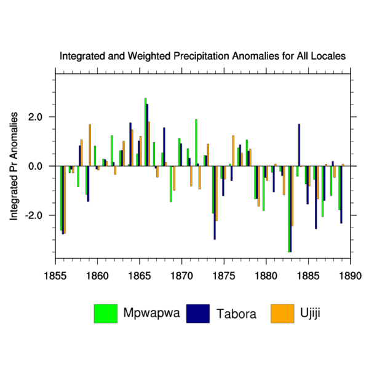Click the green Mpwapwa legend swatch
(x=106, y=314)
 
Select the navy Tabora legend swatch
(x=198, y=314)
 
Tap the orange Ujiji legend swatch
(x=282, y=314)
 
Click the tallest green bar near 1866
(x=145, y=132)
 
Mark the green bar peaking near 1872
(x=196, y=143)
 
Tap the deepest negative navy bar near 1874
(x=215, y=203)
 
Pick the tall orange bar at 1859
(x=90, y=145)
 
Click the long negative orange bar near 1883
(x=292, y=196)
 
